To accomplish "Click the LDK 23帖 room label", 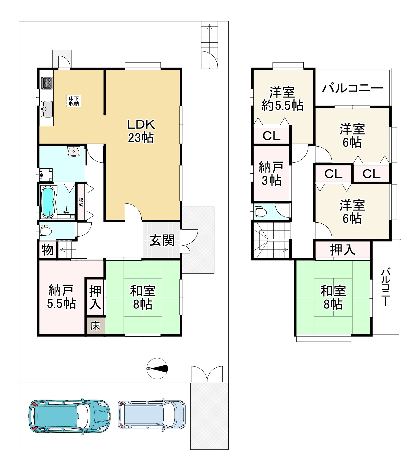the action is [141, 131].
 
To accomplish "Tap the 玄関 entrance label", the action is [162, 240].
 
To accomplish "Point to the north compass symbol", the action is [157, 368].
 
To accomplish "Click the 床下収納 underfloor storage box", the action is [74, 101].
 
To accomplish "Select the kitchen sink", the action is [47, 109].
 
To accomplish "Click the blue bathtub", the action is [48, 201].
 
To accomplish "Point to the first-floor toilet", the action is [46, 231].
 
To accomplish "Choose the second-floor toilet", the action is [261, 211].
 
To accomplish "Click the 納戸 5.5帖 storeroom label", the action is [61, 297].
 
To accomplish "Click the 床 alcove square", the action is [95, 326].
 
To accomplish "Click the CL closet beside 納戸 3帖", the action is [272, 136].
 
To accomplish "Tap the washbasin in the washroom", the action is [74, 152].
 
